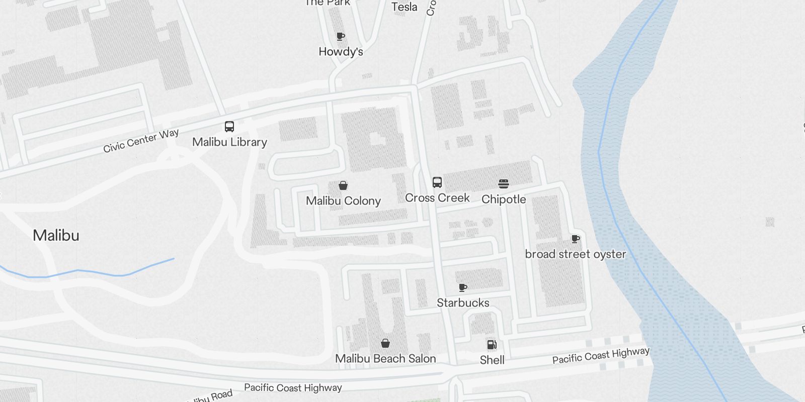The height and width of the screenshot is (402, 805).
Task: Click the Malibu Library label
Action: click(229, 142)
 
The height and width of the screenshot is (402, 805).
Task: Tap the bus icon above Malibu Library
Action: click(229, 127)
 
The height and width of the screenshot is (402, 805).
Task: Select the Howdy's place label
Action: click(341, 52)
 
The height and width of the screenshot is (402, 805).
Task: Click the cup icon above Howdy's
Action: click(341, 36)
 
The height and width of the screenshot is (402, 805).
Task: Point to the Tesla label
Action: click(405, 7)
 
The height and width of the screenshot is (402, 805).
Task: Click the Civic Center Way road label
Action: click(141, 141)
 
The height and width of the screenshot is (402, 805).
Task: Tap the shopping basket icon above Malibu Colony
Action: click(343, 186)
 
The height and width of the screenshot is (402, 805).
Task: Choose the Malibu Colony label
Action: click(343, 201)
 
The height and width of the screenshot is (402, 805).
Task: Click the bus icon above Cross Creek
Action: click(437, 182)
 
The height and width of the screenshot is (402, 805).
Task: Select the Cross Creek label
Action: click(437, 198)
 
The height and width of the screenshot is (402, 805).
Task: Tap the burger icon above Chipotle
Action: click(504, 184)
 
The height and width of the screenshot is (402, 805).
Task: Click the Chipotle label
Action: click(504, 199)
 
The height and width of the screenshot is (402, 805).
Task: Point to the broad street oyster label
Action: click(575, 254)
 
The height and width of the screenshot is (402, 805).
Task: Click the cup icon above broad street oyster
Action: click(576, 239)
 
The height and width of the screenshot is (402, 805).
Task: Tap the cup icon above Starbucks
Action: click(463, 287)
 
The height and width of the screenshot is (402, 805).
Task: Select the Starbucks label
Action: click(463, 303)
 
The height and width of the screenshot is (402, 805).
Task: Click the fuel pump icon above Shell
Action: click(492, 345)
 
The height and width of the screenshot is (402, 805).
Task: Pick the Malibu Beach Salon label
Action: click(385, 359)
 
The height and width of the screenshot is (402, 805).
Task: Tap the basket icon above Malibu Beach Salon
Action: click(385, 343)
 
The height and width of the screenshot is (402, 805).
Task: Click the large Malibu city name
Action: click(56, 235)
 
